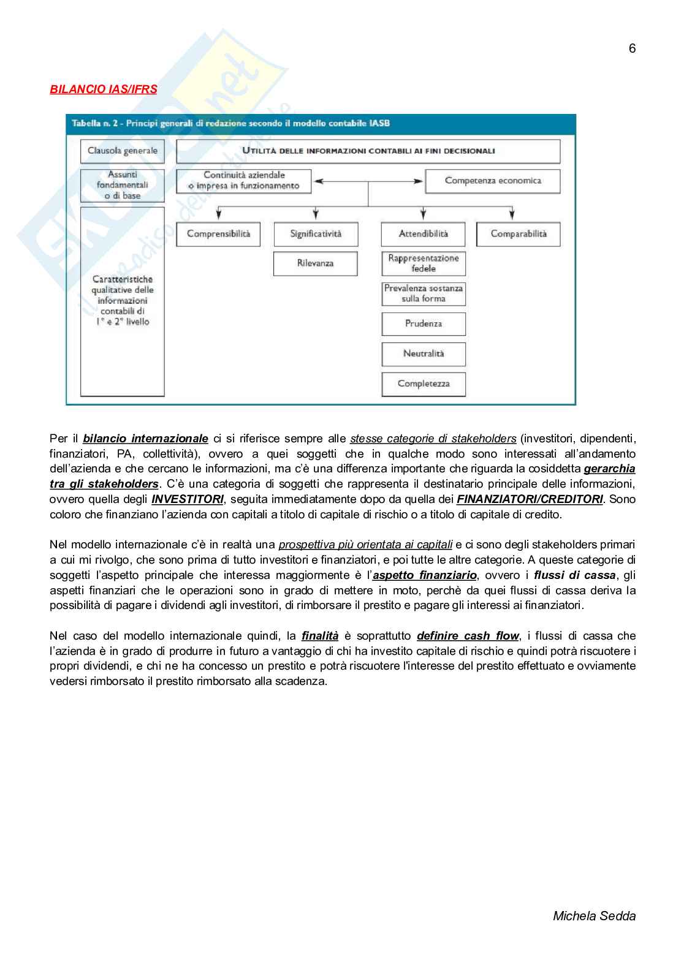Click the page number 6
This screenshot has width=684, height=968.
(x=632, y=48)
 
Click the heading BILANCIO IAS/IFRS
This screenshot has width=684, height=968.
(x=103, y=89)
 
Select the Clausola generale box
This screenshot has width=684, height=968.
(x=123, y=151)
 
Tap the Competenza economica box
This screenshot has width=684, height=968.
(x=493, y=181)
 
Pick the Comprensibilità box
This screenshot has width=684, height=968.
(x=218, y=234)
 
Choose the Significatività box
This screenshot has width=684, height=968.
(x=316, y=234)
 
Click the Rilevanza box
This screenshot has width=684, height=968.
(x=316, y=263)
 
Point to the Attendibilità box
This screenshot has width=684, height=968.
(x=424, y=234)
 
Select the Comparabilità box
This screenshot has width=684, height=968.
(x=519, y=234)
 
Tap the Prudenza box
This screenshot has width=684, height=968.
(x=424, y=323)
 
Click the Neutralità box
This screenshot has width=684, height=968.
(x=424, y=354)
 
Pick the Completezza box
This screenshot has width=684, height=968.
(x=424, y=384)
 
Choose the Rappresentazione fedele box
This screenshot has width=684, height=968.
(x=424, y=263)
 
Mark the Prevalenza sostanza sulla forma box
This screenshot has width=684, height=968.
(x=424, y=293)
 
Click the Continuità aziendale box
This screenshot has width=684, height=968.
(x=244, y=181)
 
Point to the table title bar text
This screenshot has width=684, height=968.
(x=230, y=123)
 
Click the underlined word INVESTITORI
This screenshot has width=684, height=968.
(x=188, y=499)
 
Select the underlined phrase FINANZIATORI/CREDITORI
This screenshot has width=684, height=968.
(x=530, y=499)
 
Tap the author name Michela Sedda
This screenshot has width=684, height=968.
(x=594, y=916)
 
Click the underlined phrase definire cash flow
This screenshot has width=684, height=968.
(x=468, y=636)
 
